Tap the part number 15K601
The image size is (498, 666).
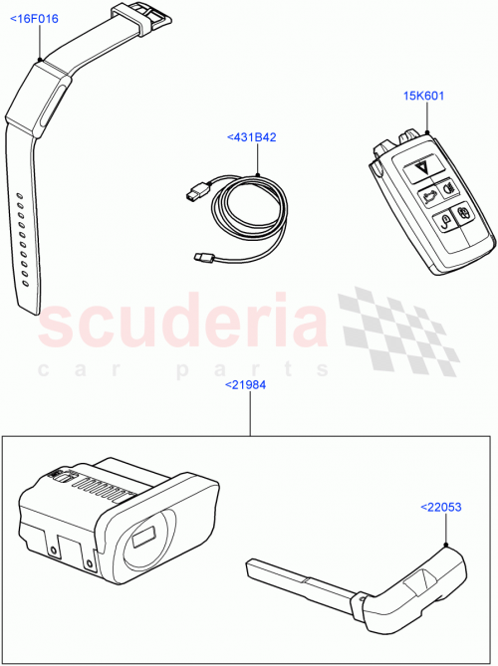tap(422, 97)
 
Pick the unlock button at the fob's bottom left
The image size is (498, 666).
tap(445, 224)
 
